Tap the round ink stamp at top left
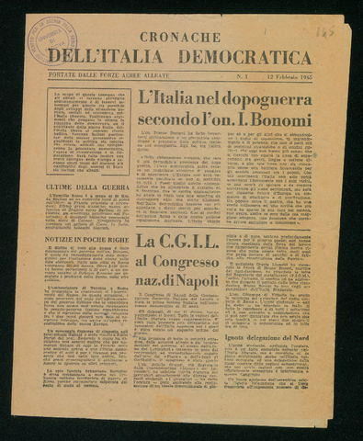point(51,39)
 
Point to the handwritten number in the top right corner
point(325,31)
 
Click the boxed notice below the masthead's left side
point(88,132)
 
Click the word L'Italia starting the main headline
point(167,98)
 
